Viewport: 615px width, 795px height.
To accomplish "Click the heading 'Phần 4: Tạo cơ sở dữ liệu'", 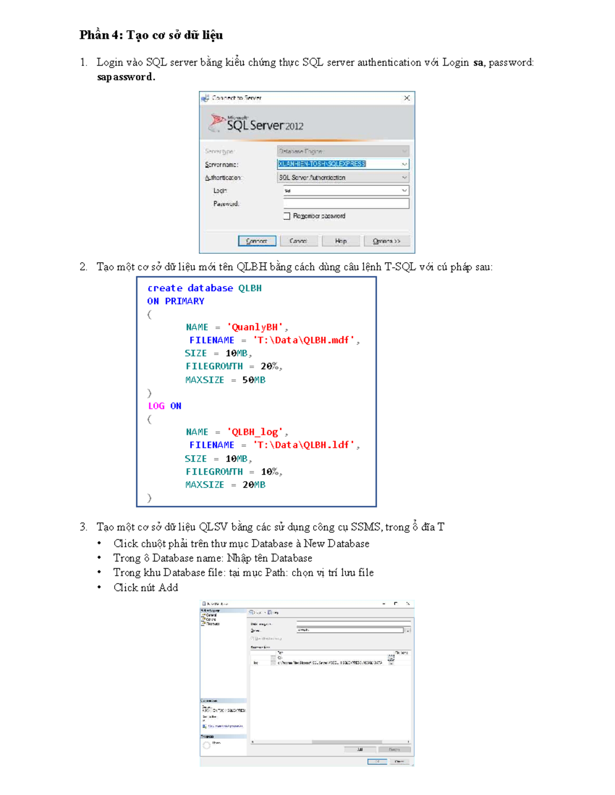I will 151,35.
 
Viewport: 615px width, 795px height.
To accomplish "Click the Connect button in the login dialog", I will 257,241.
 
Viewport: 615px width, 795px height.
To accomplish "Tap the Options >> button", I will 386,241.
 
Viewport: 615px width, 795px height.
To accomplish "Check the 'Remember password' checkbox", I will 287,216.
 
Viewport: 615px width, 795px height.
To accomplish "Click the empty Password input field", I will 346,204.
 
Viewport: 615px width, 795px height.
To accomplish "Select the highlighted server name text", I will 321,164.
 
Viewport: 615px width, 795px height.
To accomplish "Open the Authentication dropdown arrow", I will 404,177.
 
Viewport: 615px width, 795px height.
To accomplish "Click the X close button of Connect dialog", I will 406,98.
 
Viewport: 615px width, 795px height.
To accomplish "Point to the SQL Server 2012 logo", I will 256,124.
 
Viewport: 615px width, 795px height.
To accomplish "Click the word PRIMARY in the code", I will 184,301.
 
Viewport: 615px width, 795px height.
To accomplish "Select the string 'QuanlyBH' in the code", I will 255,327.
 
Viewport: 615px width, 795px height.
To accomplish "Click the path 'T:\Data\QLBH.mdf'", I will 304,340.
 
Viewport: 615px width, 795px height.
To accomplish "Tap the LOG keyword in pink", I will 156,406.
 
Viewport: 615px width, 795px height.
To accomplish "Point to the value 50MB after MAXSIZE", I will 254,380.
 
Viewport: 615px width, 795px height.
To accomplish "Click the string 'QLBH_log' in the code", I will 255,432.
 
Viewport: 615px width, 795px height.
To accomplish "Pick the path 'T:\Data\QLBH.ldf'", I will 304,445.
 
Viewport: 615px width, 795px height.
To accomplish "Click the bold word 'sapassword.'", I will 126,77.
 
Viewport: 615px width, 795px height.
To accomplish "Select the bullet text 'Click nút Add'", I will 146,588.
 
